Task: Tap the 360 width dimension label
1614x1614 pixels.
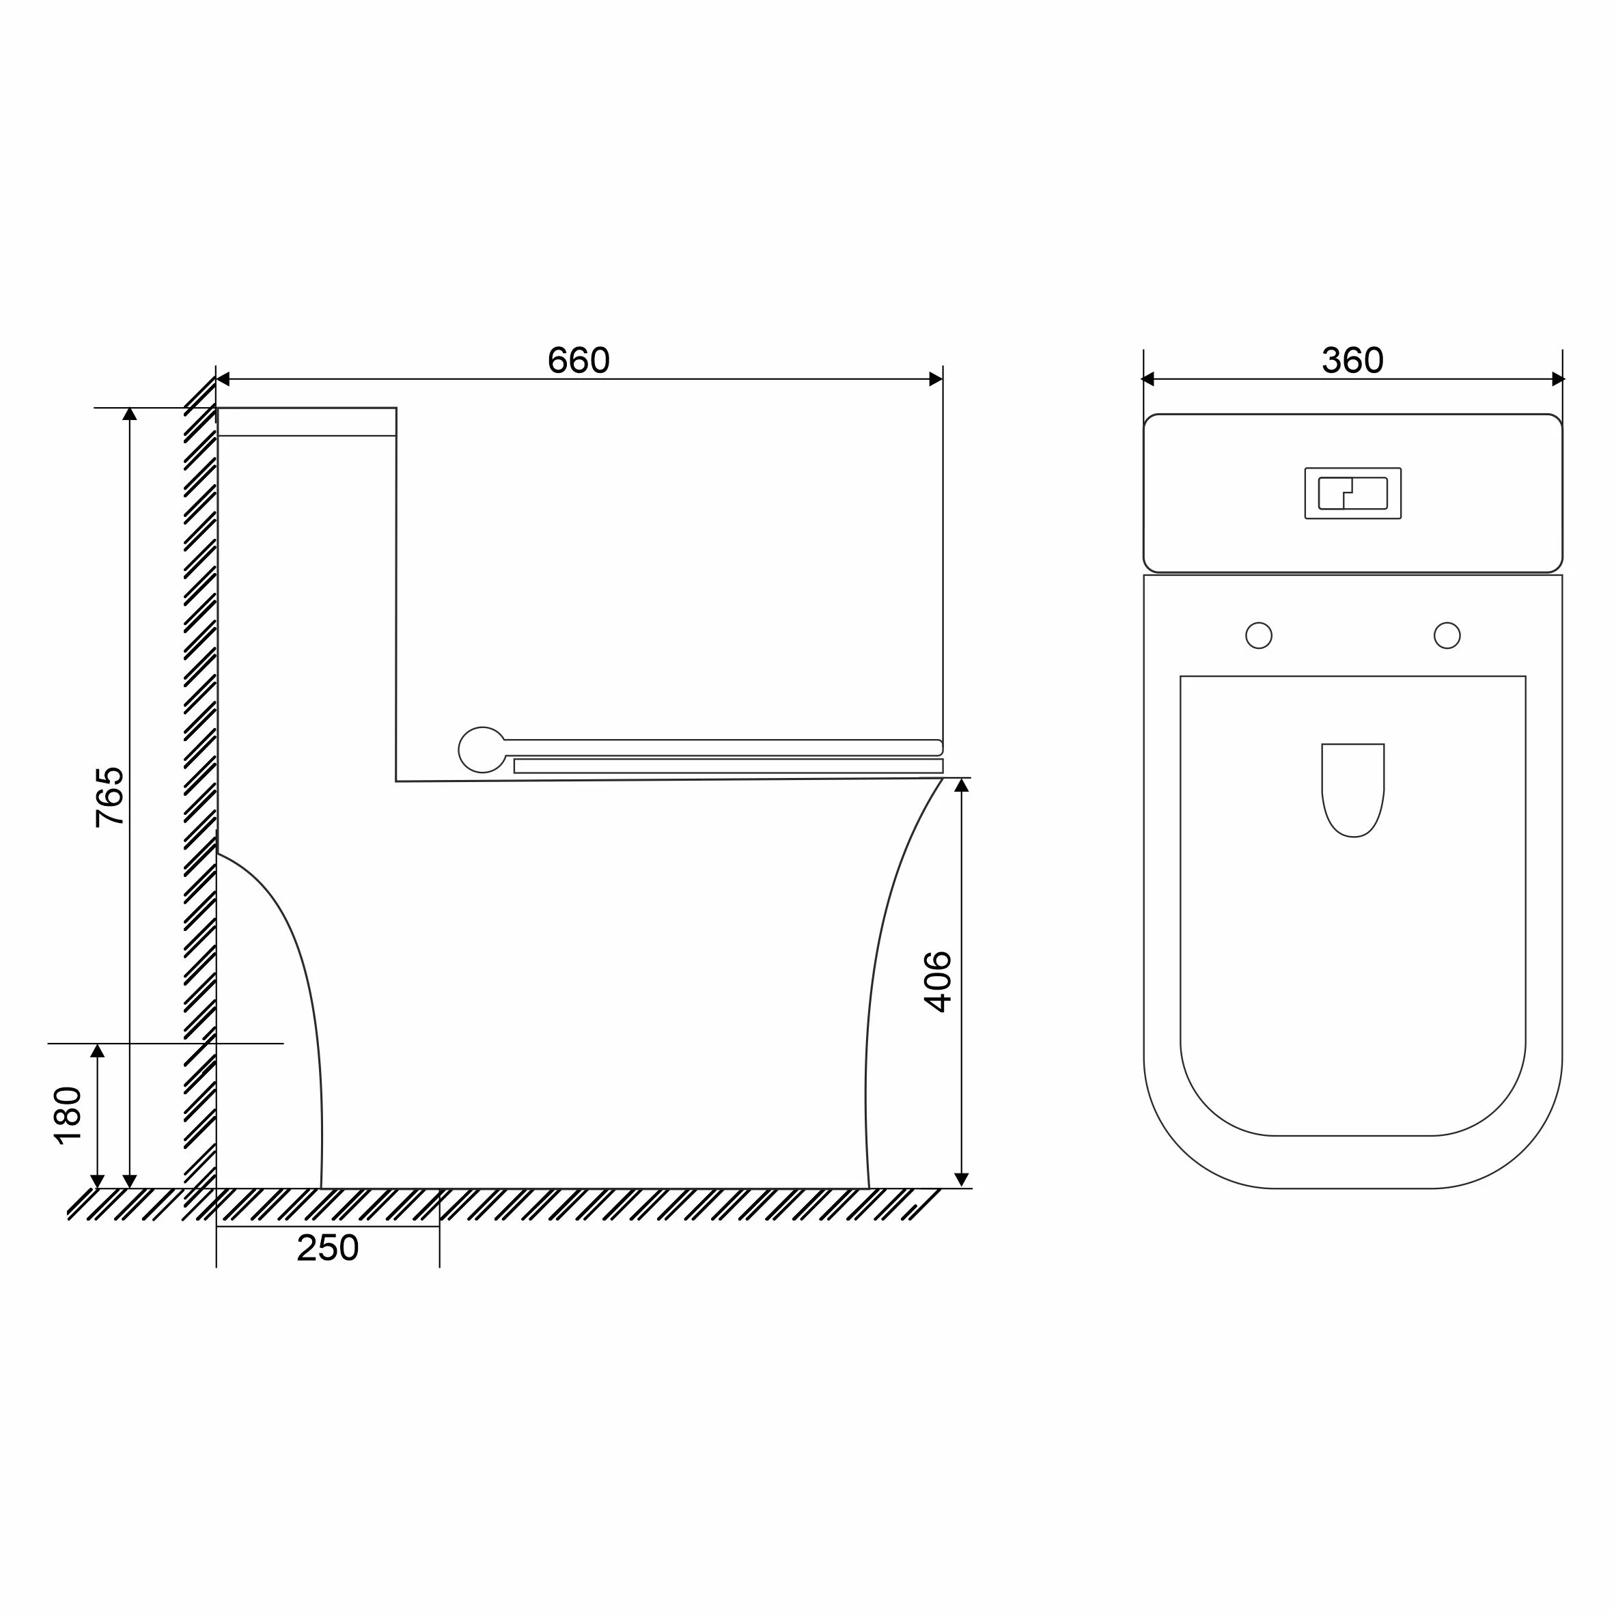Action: pos(1352,360)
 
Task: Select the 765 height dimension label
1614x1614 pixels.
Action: pos(109,797)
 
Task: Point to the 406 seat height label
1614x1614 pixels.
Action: pos(938,982)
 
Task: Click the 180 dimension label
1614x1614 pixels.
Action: pos(68,1115)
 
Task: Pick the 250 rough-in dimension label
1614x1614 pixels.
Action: pos(327,1248)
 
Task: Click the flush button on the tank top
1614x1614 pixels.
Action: pos(1352,493)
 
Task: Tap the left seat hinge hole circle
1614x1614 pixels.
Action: pos(1258,636)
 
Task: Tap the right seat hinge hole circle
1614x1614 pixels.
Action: pos(1447,636)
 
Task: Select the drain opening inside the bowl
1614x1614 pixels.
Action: pos(1352,790)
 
